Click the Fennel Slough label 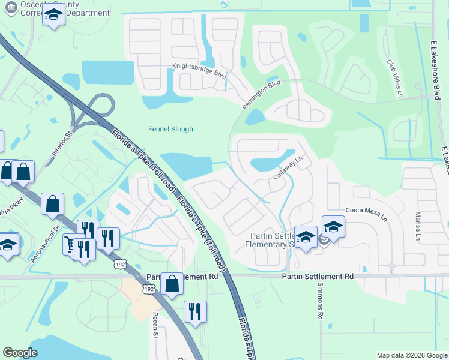click(171, 129)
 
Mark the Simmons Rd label click(320, 307)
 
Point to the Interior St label click(61, 143)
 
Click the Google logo click(20, 353)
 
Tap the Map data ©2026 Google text click(411, 355)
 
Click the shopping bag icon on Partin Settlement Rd click(172, 284)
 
